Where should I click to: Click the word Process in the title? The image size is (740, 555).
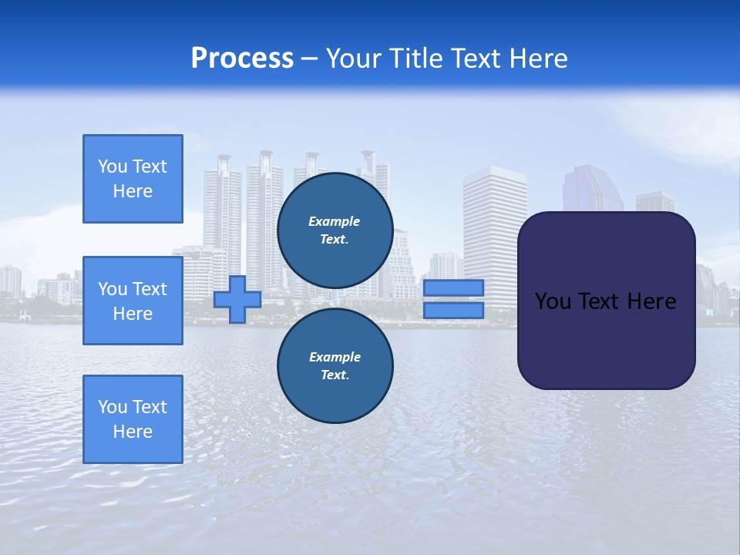[242, 59]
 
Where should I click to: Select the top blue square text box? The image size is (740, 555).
[133, 179]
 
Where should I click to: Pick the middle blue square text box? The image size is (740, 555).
[133, 301]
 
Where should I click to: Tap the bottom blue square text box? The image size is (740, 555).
[133, 419]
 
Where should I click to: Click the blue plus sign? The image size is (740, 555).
[237, 299]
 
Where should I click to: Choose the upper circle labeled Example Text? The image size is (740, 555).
[335, 230]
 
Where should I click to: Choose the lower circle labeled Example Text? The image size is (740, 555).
[335, 366]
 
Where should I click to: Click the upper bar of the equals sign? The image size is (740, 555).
[453, 288]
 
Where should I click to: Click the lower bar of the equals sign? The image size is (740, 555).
[453, 311]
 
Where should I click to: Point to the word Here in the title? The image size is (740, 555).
[539, 59]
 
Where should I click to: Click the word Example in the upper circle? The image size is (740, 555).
[334, 221]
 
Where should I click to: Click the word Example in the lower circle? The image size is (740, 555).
[335, 357]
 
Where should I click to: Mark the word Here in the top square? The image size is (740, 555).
[133, 191]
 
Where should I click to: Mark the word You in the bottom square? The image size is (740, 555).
[113, 407]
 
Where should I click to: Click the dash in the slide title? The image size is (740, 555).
[309, 59]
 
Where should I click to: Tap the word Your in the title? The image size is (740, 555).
[354, 59]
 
